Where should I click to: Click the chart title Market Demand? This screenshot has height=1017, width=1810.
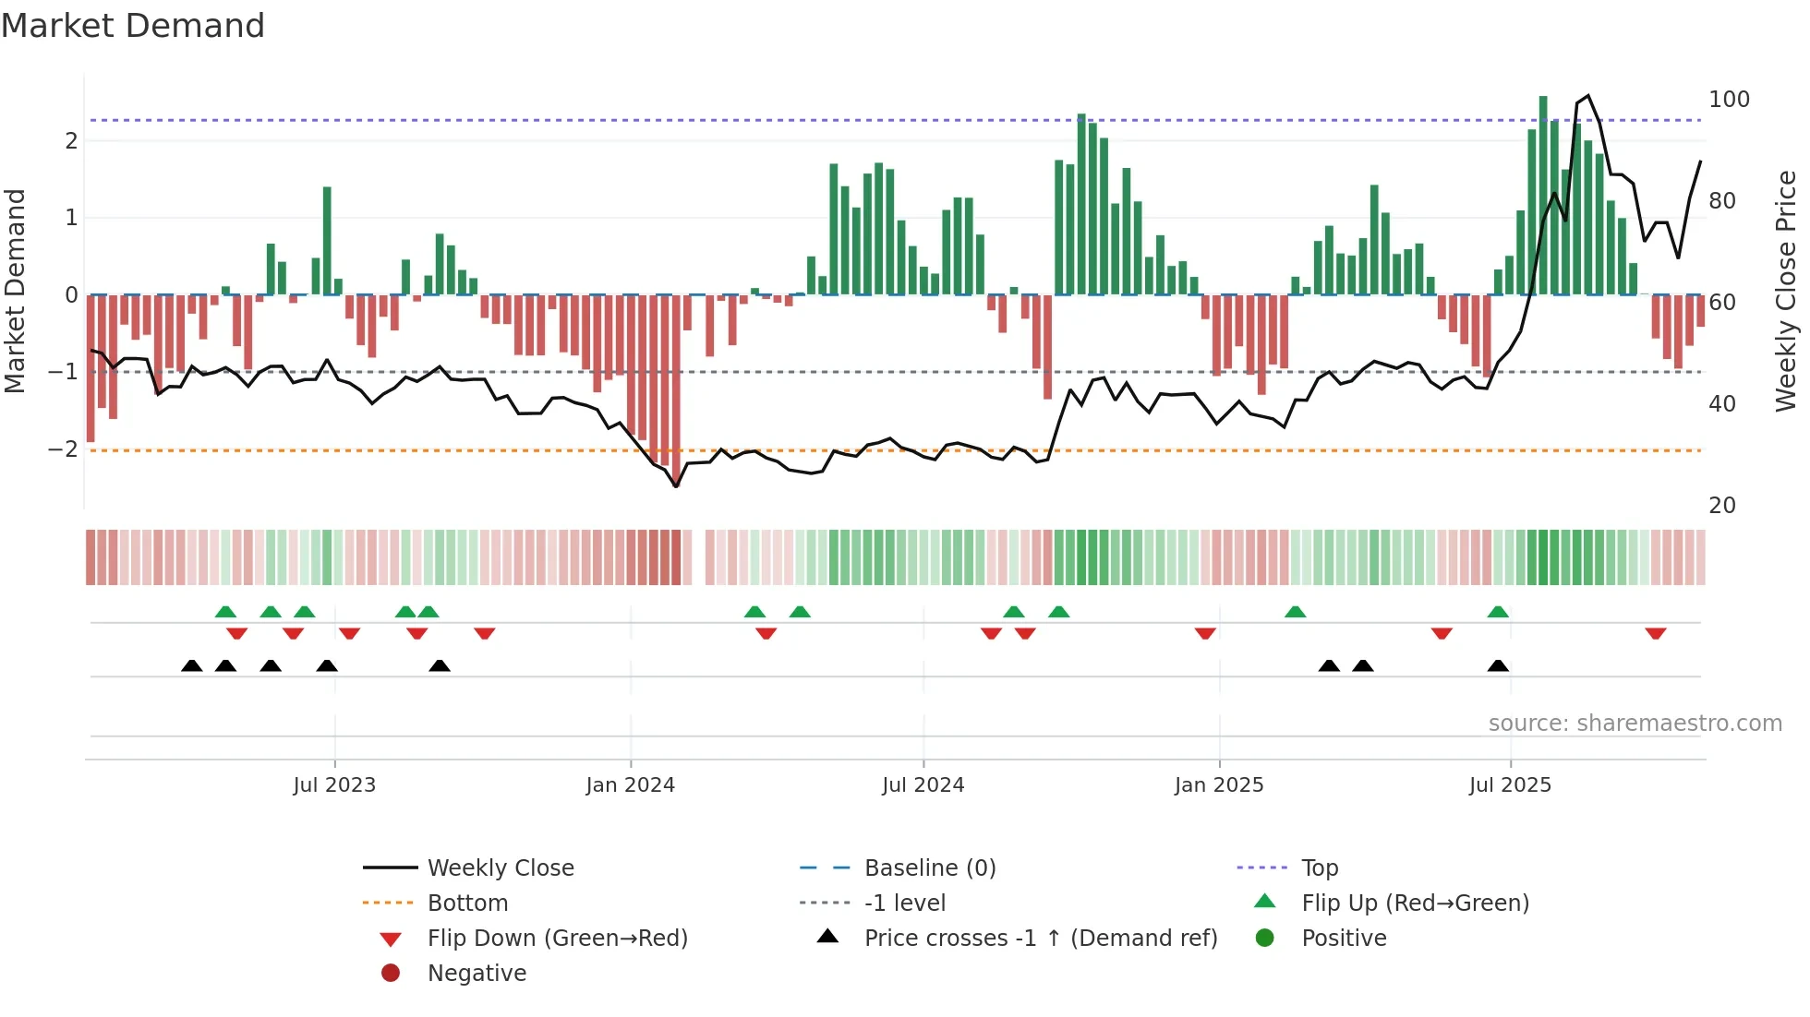[133, 26]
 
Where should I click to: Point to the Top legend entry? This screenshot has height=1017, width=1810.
[1319, 867]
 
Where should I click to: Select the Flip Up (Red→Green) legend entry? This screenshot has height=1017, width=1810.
[1415, 903]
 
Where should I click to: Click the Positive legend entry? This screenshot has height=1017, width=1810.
[1344, 938]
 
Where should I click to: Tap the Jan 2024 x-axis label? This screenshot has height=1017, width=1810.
[630, 785]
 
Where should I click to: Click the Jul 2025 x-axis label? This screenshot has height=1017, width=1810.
[1510, 785]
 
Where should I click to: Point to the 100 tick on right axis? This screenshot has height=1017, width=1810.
[1729, 100]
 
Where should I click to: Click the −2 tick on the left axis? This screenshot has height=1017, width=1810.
[63, 449]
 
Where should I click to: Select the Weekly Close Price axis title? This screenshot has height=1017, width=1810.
[1786, 291]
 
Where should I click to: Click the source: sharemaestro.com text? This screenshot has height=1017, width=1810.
[1635, 724]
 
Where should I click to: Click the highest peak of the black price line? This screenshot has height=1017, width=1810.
[1588, 96]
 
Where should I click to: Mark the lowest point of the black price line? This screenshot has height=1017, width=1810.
[676, 486]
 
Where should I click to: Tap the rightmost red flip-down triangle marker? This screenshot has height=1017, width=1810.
[1655, 633]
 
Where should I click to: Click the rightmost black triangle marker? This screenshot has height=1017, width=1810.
[1498, 665]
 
